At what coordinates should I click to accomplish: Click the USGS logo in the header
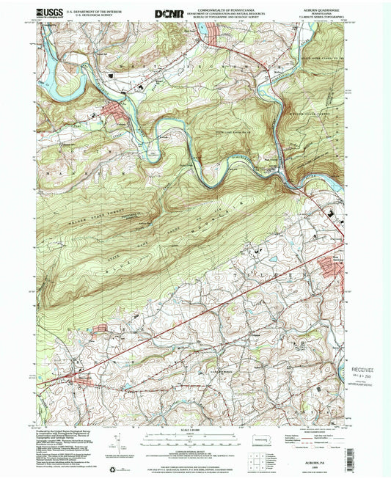[48, 12]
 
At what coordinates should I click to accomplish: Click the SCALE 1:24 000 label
[194, 429]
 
